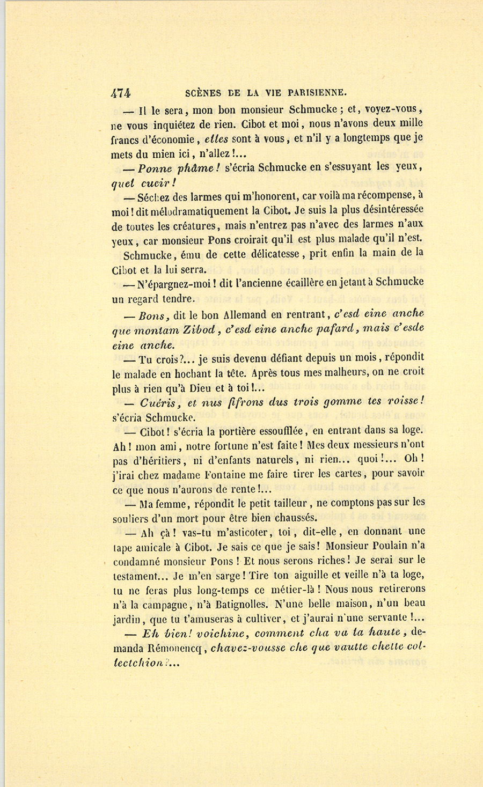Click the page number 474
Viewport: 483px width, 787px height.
[x=121, y=92]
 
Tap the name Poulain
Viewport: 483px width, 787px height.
[x=394, y=546]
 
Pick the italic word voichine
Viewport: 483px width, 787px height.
[x=222, y=633]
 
